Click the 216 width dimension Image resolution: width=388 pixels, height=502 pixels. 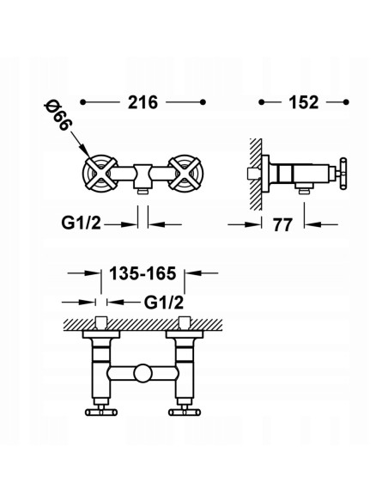click(x=143, y=101)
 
